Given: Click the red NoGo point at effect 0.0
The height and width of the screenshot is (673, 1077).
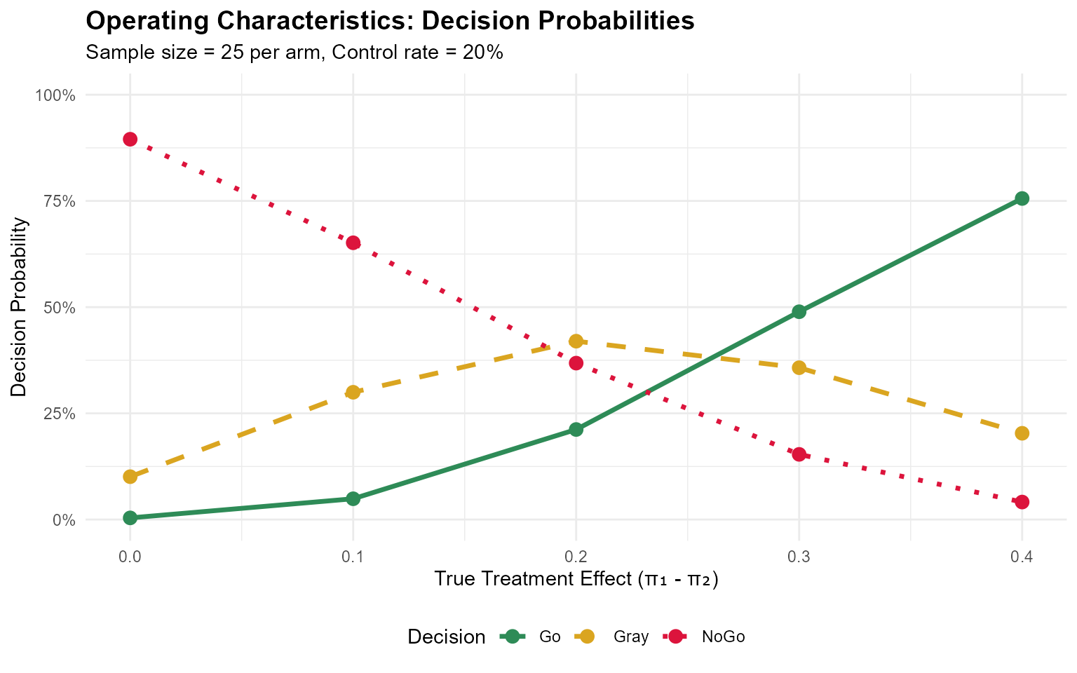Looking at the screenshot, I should pyautogui.click(x=130, y=139).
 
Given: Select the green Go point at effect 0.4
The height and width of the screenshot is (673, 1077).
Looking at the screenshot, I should pyautogui.click(x=1022, y=198).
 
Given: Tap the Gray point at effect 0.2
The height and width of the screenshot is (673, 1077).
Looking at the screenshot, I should pyautogui.click(x=576, y=341).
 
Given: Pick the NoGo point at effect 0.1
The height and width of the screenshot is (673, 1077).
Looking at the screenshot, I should pyautogui.click(x=353, y=243).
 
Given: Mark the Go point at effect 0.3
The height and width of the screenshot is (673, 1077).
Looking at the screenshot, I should pyautogui.click(x=799, y=311).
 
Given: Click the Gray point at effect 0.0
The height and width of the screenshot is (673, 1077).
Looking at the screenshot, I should pyautogui.click(x=130, y=477).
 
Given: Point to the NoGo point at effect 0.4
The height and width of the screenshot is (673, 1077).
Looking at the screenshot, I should pyautogui.click(x=1022, y=502).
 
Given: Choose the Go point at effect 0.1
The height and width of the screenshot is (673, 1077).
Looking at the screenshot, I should pyautogui.click(x=353, y=498).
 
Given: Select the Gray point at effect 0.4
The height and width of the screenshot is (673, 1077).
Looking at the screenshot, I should pyautogui.click(x=1022, y=433).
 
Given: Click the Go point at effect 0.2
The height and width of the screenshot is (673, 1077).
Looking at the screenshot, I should pyautogui.click(x=576, y=429).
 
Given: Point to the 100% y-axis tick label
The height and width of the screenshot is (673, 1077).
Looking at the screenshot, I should pyautogui.click(x=55, y=95).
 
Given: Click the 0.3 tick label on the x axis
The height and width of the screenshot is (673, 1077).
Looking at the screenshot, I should pyautogui.click(x=799, y=557).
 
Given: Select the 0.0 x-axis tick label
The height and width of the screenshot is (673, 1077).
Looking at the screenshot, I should pyautogui.click(x=130, y=557).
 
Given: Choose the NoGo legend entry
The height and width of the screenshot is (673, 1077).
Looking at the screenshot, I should pyautogui.click(x=705, y=637).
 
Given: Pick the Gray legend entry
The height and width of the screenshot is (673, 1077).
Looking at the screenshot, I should pyautogui.click(x=613, y=637).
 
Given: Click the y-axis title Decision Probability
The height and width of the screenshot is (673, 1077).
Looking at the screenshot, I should pyautogui.click(x=20, y=307).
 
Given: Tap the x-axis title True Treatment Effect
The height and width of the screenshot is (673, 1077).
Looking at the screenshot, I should pyautogui.click(x=576, y=579).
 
